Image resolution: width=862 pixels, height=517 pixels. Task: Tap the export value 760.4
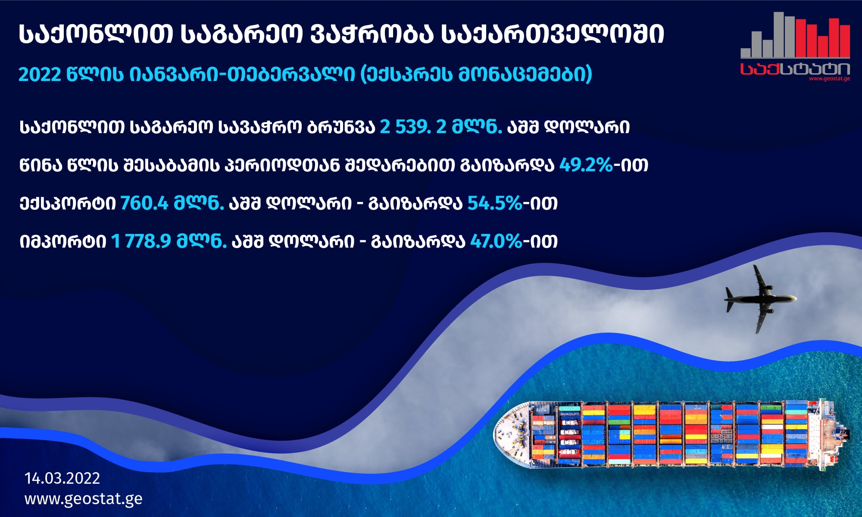[144, 203]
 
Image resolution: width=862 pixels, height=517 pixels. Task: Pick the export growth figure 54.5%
[495, 203]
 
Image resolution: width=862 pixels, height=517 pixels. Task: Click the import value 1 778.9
[141, 241]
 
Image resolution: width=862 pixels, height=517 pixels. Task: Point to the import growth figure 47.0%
[496, 241]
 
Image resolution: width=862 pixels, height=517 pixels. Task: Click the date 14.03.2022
[62, 478]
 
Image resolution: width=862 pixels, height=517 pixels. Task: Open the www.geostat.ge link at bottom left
[84, 499]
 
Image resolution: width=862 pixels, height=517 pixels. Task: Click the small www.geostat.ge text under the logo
[830, 79]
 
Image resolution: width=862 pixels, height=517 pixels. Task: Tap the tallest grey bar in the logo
[779, 35]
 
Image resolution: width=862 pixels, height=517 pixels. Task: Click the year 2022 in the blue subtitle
[40, 75]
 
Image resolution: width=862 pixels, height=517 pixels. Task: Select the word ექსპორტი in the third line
[68, 203]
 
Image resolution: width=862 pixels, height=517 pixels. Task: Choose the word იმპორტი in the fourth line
[63, 241]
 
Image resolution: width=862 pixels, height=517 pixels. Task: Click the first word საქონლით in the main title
[96, 34]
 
